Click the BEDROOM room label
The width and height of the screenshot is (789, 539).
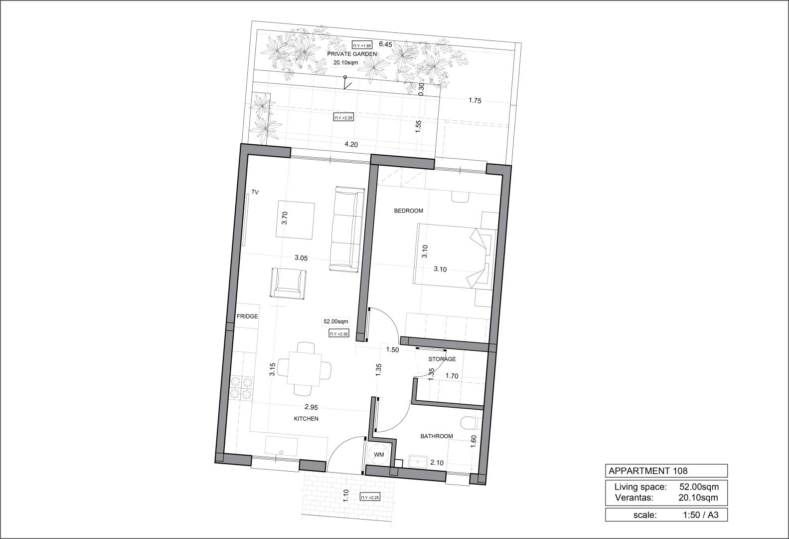point(408,211)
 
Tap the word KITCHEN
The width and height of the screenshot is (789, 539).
point(306,418)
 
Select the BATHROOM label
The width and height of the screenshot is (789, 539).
point(437,436)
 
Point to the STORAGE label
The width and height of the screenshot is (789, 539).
point(442,359)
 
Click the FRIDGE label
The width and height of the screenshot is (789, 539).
point(247,316)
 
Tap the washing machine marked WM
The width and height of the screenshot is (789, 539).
point(379,455)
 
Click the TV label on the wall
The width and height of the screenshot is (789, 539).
point(255,192)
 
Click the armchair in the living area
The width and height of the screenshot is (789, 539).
point(288,283)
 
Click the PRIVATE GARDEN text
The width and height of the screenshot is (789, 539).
point(352,54)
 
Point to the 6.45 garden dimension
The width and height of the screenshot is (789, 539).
point(385,44)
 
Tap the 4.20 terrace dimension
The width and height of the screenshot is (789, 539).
point(351,144)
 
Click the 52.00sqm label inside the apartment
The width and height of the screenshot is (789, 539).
point(335,321)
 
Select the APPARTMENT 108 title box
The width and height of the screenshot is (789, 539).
point(666,471)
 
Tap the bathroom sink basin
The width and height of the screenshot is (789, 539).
point(418,462)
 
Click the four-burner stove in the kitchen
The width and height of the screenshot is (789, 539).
point(242,387)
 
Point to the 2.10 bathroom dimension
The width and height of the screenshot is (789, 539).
point(437,463)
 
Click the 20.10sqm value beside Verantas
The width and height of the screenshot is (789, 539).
point(698,498)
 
